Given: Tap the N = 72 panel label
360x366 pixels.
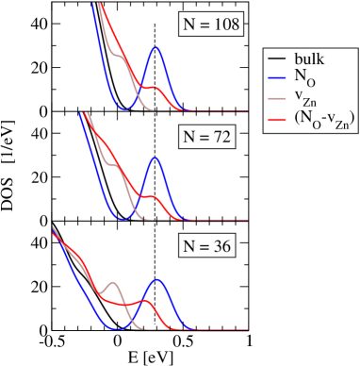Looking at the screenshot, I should (x=206, y=138).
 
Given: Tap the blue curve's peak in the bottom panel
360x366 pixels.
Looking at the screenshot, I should (x=158, y=280).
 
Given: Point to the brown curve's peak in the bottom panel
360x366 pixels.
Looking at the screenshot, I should (x=112, y=282).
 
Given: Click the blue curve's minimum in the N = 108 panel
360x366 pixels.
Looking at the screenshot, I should (x=120, y=109).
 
